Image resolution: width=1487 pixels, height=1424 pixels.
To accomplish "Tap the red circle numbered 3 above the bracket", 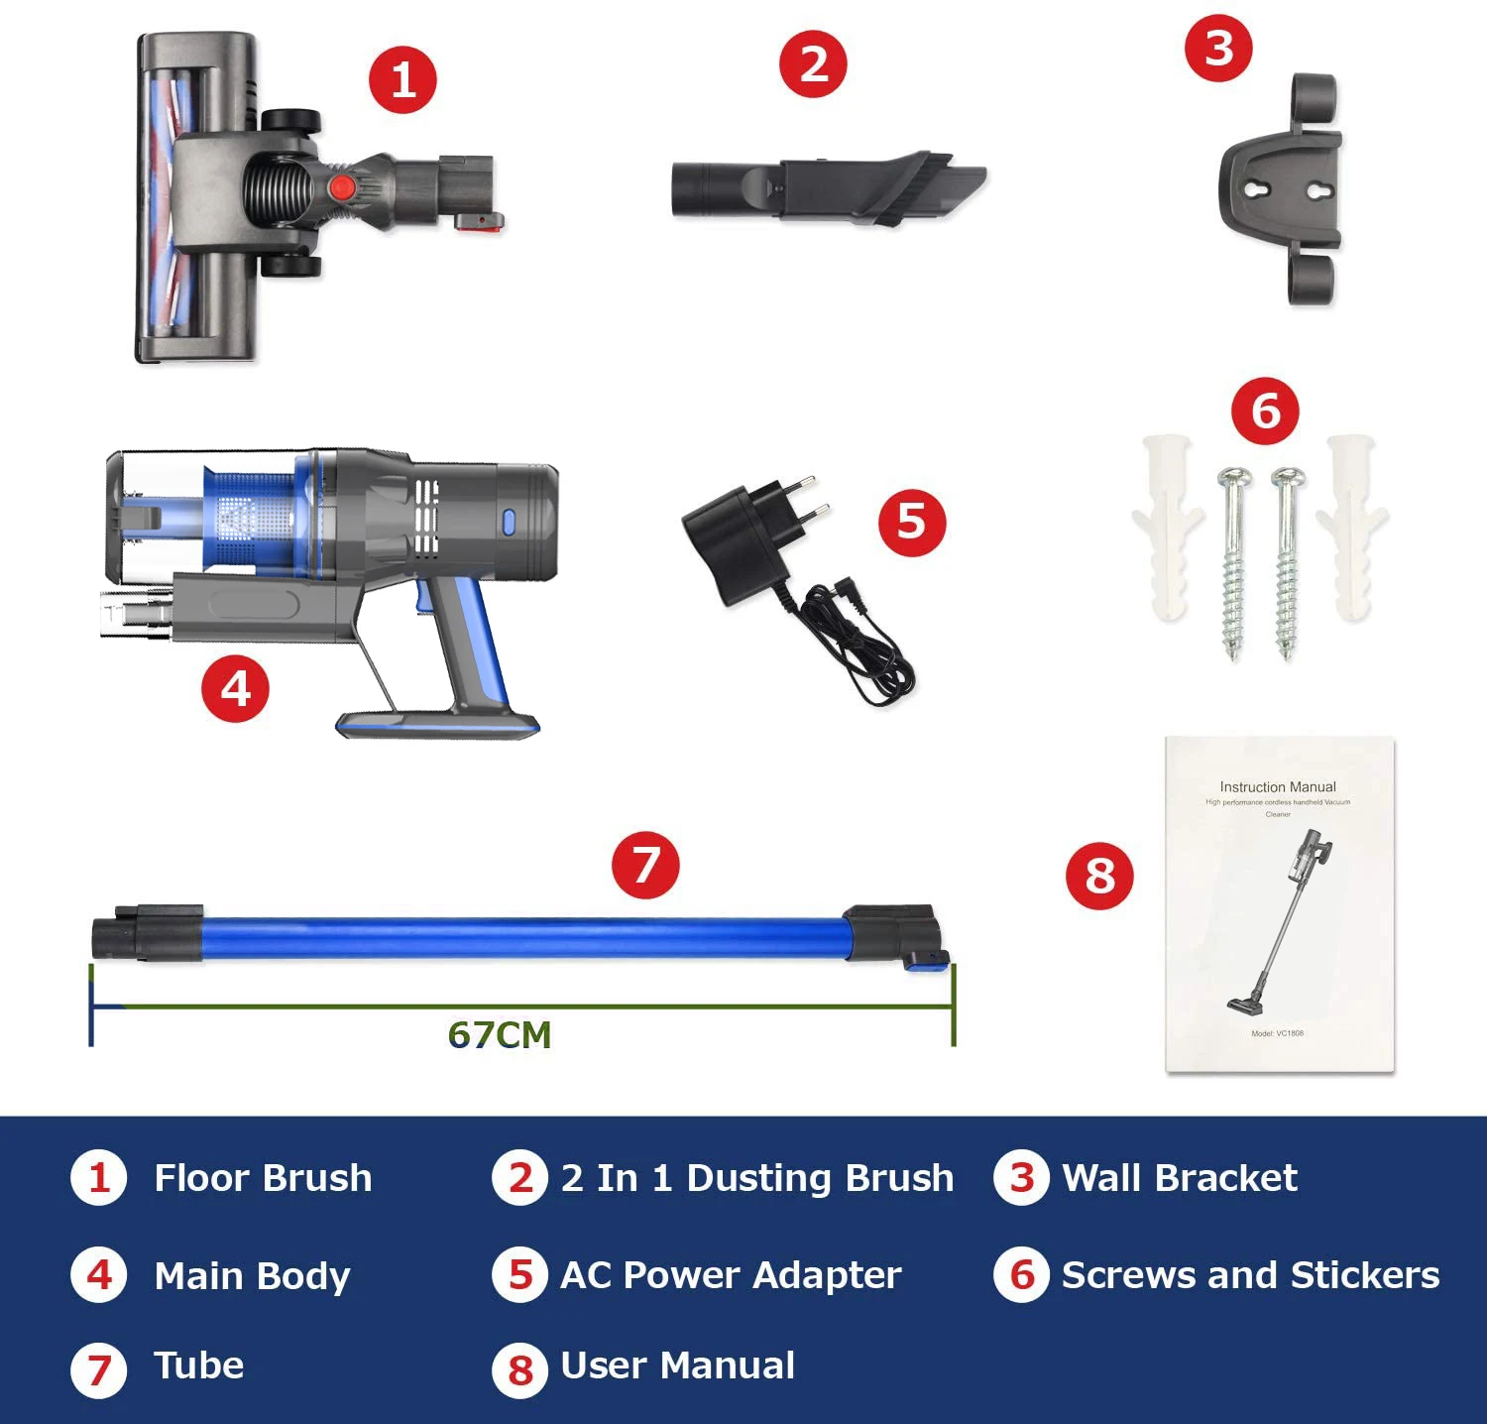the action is click(x=1218, y=48).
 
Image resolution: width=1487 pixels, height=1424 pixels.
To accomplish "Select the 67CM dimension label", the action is click(x=499, y=1034).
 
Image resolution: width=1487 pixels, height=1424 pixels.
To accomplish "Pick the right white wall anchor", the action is click(x=1353, y=526).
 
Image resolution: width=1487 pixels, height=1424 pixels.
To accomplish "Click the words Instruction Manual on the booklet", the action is click(x=1277, y=786).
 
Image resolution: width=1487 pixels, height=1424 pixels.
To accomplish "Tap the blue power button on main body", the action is click(x=509, y=523).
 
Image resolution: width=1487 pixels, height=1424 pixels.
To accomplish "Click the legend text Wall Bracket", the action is click(x=1179, y=1178).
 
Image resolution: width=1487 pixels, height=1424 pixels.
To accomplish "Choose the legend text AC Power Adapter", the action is click(x=731, y=1275).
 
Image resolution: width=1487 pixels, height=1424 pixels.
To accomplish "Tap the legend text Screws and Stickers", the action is click(x=1249, y=1275).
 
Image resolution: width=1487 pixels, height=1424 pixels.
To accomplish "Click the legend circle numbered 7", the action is click(x=99, y=1369).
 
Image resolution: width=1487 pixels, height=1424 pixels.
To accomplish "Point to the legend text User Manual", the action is click(x=677, y=1365).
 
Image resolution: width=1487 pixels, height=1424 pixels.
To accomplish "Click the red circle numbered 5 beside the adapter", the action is click(x=912, y=523).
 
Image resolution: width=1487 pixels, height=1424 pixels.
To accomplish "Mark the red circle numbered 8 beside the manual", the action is click(x=1099, y=876).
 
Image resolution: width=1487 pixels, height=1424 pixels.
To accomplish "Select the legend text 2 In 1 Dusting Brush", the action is click(x=756, y=1178).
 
